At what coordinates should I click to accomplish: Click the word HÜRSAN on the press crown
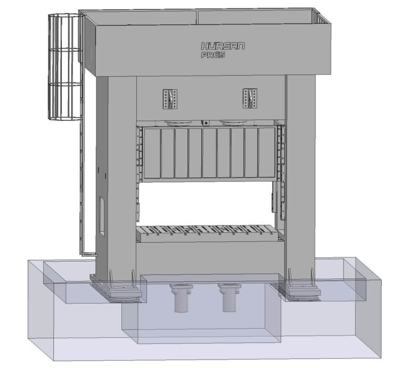point(223,46)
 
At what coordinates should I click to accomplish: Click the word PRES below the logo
point(213,55)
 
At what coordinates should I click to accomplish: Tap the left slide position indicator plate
point(170,99)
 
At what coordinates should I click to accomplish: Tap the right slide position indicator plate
point(250,99)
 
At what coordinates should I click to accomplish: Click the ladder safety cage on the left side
point(66,67)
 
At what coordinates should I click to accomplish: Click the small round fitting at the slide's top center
point(206,123)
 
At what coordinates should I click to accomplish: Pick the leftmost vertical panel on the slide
point(152,153)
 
